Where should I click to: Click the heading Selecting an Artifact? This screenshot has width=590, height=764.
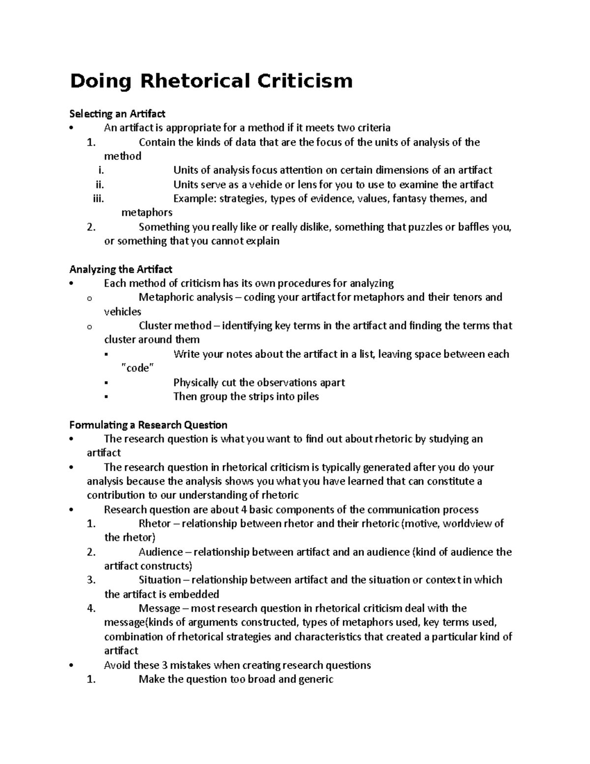pyautogui.click(x=117, y=114)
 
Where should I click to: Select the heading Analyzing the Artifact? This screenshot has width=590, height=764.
pyautogui.click(x=120, y=270)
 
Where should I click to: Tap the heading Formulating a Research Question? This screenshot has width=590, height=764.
pyautogui.click(x=148, y=425)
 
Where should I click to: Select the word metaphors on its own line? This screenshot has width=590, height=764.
pyautogui.click(x=147, y=213)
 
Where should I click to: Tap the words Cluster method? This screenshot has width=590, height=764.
pyautogui.click(x=175, y=326)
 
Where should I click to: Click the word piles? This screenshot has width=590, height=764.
pyautogui.click(x=308, y=397)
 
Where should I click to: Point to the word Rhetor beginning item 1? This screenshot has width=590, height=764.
pyautogui.click(x=154, y=524)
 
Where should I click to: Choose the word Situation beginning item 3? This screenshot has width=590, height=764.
pyautogui.click(x=160, y=581)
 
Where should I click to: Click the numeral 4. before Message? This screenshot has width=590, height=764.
pyautogui.click(x=90, y=609)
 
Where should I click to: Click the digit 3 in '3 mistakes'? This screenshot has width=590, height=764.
pyautogui.click(x=164, y=666)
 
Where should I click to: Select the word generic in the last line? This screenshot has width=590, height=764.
pyautogui.click(x=316, y=680)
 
